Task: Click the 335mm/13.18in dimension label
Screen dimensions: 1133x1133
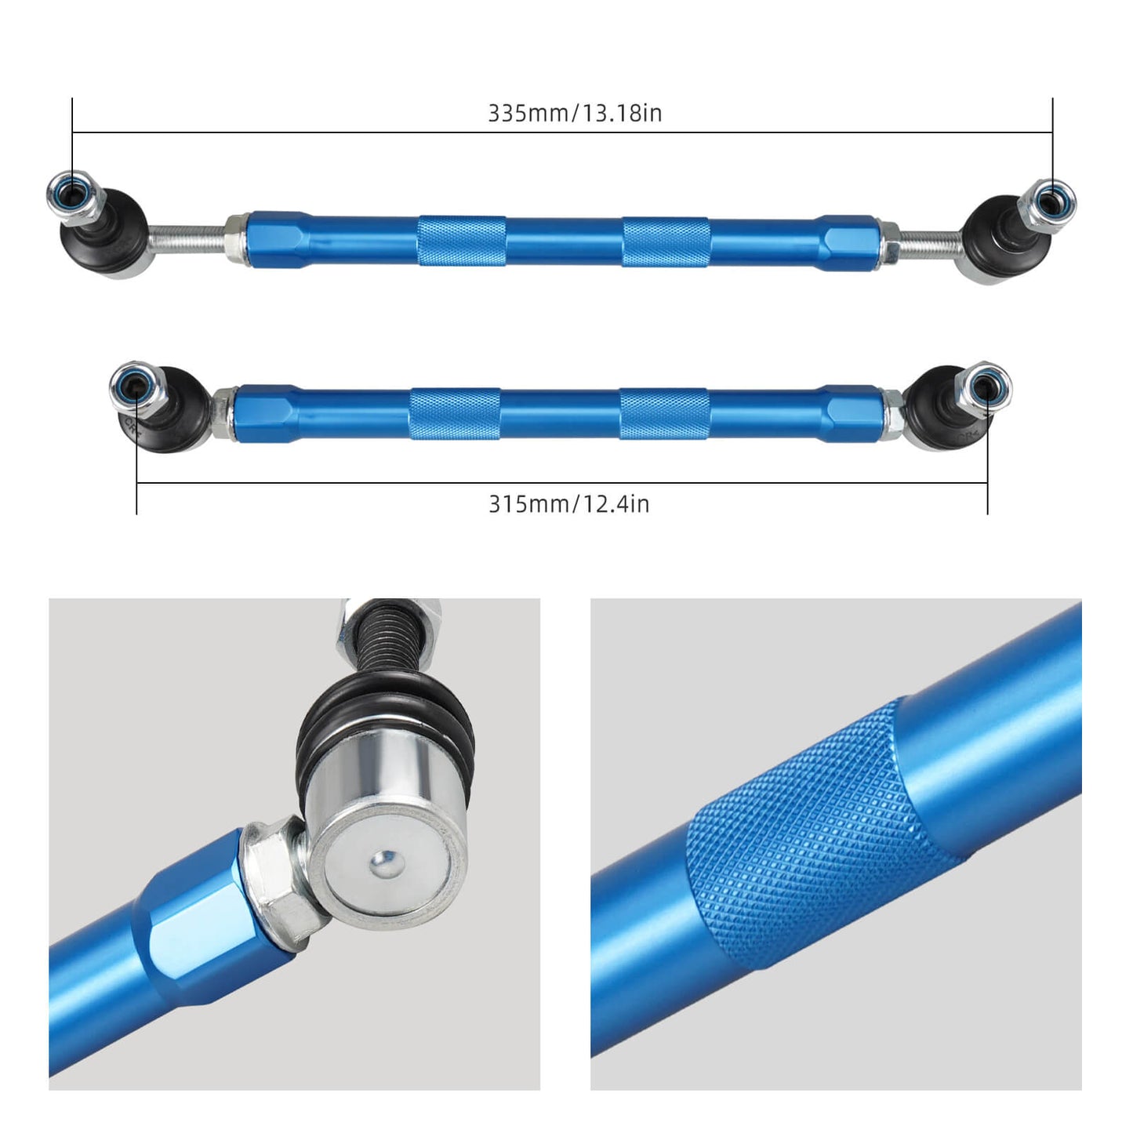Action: pos(575,113)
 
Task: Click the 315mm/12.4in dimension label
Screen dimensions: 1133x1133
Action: pos(569,503)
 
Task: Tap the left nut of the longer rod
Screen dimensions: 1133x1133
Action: pos(71,195)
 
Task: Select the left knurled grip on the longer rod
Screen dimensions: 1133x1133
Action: pos(461,241)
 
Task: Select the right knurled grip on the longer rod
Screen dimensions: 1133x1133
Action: pos(666,242)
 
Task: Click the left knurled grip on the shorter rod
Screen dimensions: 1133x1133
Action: pos(455,413)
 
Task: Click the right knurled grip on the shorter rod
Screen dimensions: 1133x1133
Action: pos(665,413)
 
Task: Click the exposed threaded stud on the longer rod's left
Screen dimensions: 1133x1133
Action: pos(186,238)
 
